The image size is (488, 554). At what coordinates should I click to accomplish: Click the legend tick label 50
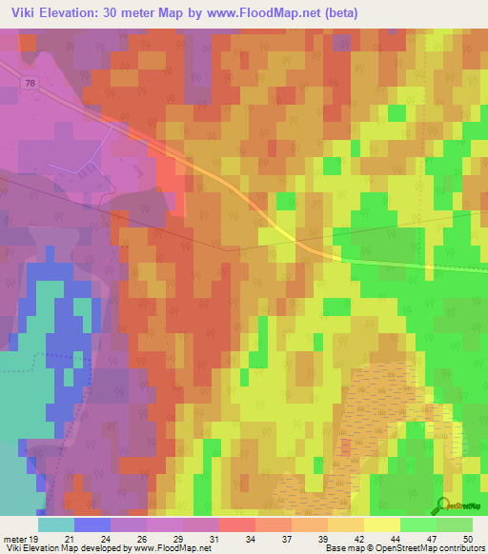(x=467, y=539)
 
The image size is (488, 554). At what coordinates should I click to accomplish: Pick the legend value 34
(x=250, y=539)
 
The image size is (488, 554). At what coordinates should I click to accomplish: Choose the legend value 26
(x=141, y=539)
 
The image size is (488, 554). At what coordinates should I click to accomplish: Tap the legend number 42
(x=358, y=539)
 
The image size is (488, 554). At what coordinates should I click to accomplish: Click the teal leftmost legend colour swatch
(x=56, y=524)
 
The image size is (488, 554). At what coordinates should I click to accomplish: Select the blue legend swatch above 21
(x=92, y=524)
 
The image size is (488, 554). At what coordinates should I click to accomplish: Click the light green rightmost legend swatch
(x=455, y=524)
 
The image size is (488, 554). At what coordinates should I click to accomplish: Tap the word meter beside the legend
(x=13, y=539)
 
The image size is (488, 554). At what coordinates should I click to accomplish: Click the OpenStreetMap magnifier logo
(x=442, y=505)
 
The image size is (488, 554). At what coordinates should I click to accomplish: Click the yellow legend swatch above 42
(x=346, y=524)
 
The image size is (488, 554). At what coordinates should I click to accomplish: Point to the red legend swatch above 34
(x=237, y=524)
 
